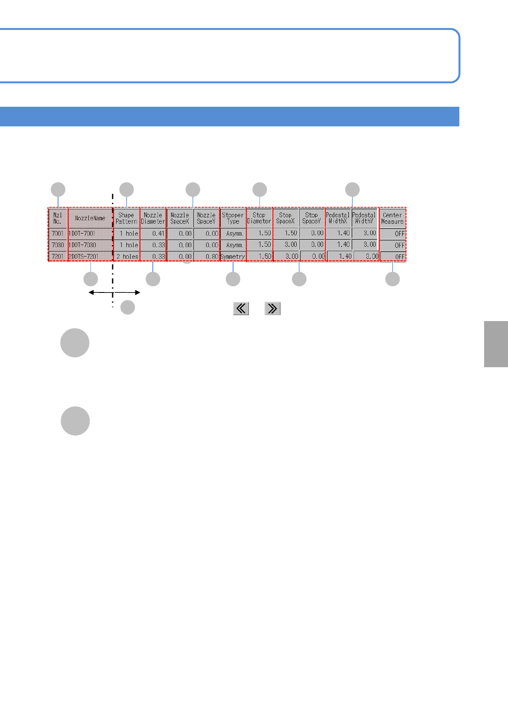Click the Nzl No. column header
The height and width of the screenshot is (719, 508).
(58, 218)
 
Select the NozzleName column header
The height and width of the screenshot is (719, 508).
(90, 218)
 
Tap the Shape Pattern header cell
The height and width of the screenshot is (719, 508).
(126, 218)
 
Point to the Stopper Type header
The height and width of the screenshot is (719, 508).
(233, 218)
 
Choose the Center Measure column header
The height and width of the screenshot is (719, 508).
(392, 218)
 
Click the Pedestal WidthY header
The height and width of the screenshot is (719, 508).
(364, 218)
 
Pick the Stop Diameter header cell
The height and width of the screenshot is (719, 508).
(259, 218)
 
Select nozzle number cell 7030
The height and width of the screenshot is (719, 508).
(58, 245)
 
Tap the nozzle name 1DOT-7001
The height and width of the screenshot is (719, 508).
(82, 234)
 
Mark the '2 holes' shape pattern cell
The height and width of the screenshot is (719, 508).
(127, 257)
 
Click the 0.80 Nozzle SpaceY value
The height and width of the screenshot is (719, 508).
(207, 257)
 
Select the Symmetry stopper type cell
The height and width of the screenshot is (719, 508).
(233, 257)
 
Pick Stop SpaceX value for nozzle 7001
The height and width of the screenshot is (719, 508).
(286, 233)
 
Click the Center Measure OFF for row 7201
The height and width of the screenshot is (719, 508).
(393, 257)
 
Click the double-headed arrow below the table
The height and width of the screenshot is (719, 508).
(114, 292)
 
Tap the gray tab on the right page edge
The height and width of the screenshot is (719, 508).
(496, 344)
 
